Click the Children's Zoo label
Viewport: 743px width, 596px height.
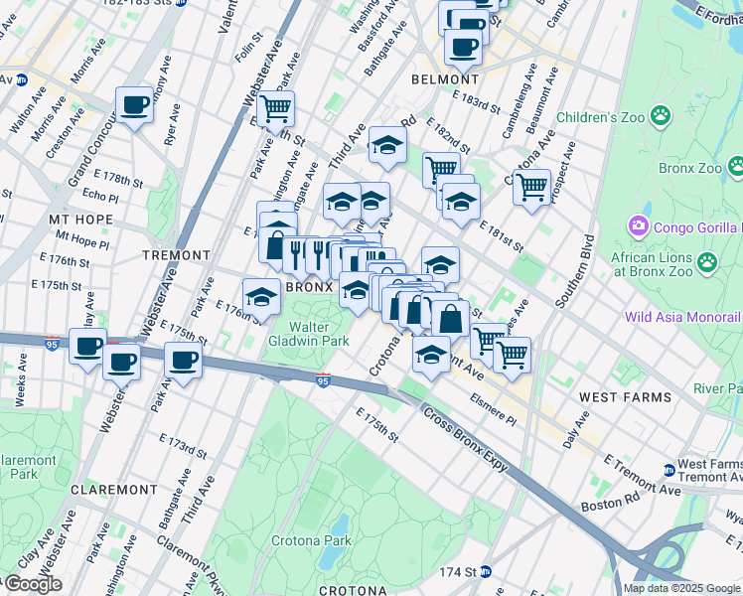[x=601, y=117]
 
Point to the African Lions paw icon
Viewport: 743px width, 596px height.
[x=706, y=262]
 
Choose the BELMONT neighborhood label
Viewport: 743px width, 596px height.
[x=446, y=79]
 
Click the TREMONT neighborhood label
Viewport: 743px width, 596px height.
[x=177, y=255]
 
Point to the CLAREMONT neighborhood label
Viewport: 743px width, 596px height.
[x=113, y=490]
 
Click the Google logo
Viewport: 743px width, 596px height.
[x=33, y=584]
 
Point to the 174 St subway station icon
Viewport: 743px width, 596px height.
[x=486, y=571]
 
